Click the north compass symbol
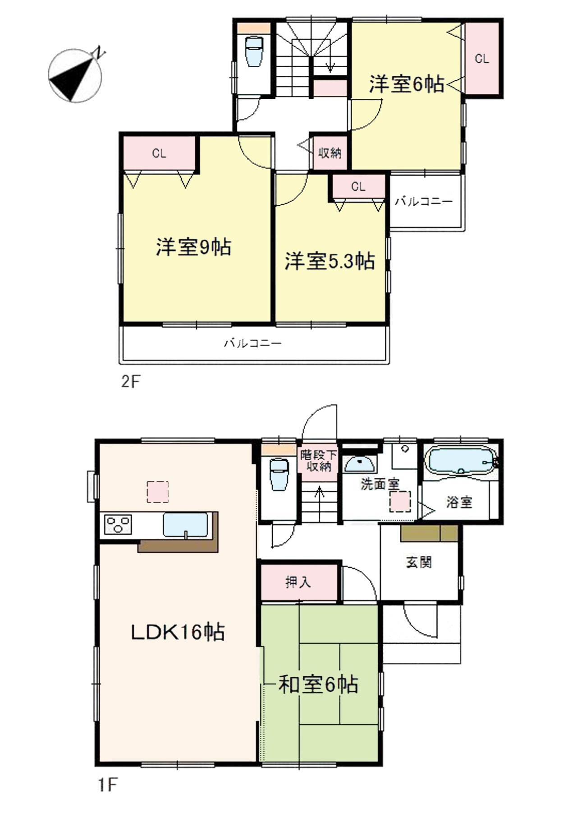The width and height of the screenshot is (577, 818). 75,75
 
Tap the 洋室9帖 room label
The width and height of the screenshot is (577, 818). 193,247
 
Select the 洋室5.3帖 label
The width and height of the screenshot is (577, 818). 330,261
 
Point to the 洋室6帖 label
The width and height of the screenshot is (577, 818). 406,84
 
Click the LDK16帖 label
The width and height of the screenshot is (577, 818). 178,632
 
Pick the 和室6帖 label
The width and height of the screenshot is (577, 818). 318,684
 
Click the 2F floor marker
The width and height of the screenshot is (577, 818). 131,382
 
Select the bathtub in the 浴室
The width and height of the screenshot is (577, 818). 460,461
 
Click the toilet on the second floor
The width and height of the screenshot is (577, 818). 254,51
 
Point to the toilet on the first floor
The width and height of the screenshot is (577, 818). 279,474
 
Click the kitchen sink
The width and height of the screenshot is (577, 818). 185,525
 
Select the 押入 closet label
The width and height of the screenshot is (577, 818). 298,582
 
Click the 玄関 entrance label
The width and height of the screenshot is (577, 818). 419,562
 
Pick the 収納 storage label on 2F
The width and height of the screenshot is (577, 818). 330,153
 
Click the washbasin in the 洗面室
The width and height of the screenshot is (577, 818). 359,464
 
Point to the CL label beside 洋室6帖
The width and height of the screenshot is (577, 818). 481,59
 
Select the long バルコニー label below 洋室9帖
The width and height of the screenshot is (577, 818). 253,343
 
